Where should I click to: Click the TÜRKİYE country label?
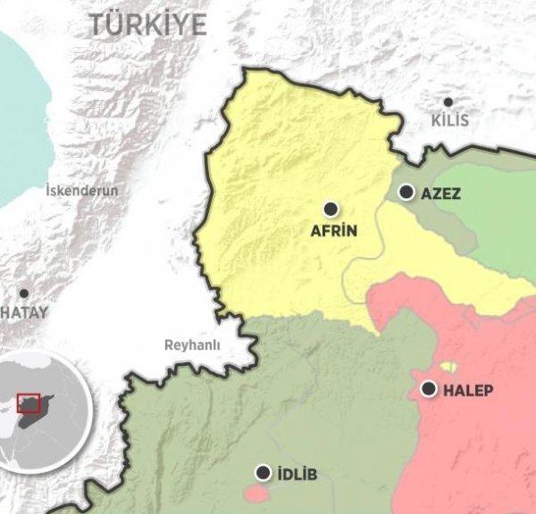[148, 25]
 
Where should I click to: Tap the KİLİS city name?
[448, 120]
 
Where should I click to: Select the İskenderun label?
[81, 190]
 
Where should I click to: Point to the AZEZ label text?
[440, 194]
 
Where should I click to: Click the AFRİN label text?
[332, 230]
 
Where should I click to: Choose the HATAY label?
[23, 312]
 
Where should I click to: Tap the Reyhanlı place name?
[192, 345]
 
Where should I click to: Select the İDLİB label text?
[297, 474]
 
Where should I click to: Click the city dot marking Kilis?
[448, 102]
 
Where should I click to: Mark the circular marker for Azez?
[406, 192]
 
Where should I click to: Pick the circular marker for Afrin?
[331, 209]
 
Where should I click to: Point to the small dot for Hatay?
[24, 293]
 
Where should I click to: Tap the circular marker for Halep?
[429, 388]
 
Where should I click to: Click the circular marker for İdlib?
[264, 472]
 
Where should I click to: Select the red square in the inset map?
[29, 402]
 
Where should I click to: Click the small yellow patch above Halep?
[448, 367]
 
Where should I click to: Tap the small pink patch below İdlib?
[256, 493]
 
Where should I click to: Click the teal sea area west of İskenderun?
[18, 116]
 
